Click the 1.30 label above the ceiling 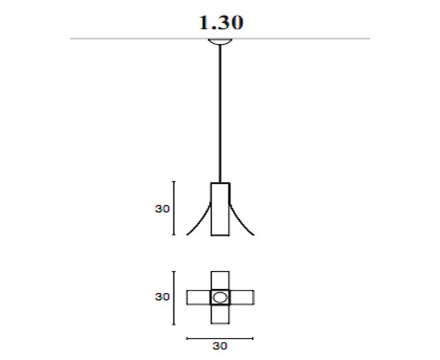pyautogui.click(x=221, y=23)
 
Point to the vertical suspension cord pyautogui.click(x=220, y=114)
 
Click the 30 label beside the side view pyautogui.click(x=162, y=209)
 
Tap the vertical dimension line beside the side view pyautogui.click(x=174, y=208)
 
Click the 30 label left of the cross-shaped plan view pyautogui.click(x=162, y=297)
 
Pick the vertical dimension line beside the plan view pyautogui.click(x=174, y=298)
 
